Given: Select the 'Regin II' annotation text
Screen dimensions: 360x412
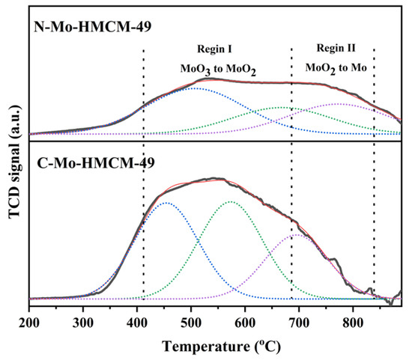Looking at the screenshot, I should (x=333, y=47).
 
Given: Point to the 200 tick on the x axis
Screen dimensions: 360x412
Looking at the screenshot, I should (x=29, y=322).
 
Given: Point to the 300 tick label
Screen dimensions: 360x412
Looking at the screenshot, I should (x=83, y=322).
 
